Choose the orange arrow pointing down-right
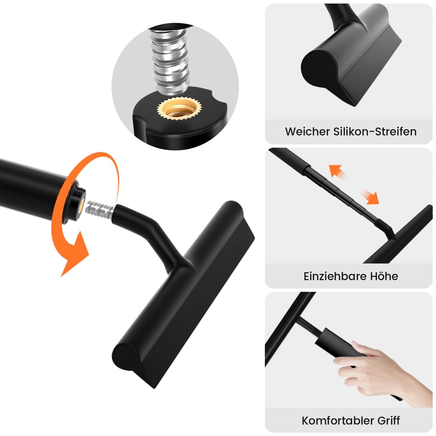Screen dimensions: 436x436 click(x=370, y=196)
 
